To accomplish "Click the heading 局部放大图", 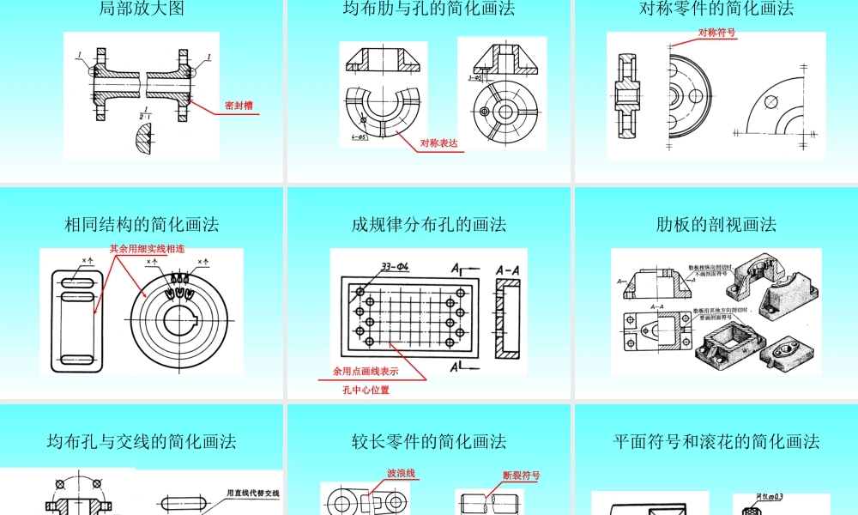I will (x=142, y=9).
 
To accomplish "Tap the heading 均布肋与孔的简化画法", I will (x=429, y=9).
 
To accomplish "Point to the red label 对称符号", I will (x=716, y=33).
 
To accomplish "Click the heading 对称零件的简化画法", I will (x=716, y=9).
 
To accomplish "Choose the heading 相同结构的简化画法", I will (x=142, y=225).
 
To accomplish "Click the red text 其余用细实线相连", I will (x=147, y=248).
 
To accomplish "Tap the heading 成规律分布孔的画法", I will (x=429, y=225).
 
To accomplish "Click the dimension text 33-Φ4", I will (x=390, y=266).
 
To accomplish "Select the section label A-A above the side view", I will (x=508, y=270).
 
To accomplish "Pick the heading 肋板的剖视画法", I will (x=716, y=225).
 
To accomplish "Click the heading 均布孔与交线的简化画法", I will (x=142, y=442).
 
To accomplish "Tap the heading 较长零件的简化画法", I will (x=429, y=442).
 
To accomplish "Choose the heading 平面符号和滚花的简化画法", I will (x=716, y=442).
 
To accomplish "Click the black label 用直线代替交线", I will (x=252, y=494).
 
